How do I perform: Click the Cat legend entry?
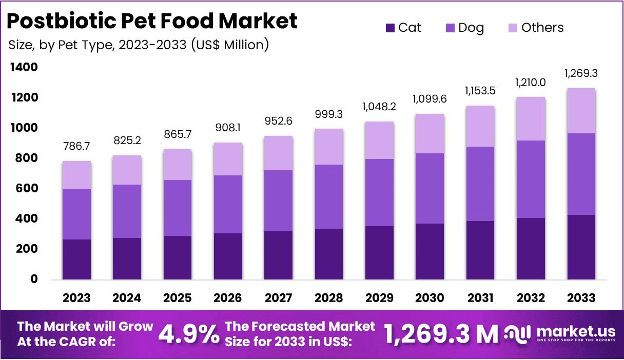click(x=403, y=28)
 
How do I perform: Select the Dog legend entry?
click(x=464, y=28)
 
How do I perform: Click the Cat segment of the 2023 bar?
click(x=76, y=259)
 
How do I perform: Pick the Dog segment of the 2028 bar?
click(x=329, y=196)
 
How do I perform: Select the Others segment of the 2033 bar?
click(x=581, y=111)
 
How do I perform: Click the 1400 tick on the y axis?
click(x=23, y=67)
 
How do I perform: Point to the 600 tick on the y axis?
click(x=26, y=188)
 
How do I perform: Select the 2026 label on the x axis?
click(x=228, y=298)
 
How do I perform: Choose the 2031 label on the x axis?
click(x=480, y=298)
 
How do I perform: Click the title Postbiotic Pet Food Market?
click(x=152, y=21)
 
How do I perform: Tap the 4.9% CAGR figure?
click(x=188, y=334)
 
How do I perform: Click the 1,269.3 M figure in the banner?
click(x=441, y=334)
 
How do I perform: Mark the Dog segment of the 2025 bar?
click(x=178, y=208)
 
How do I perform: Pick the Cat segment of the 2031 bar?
click(x=480, y=250)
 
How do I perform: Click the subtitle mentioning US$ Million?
click(x=139, y=45)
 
